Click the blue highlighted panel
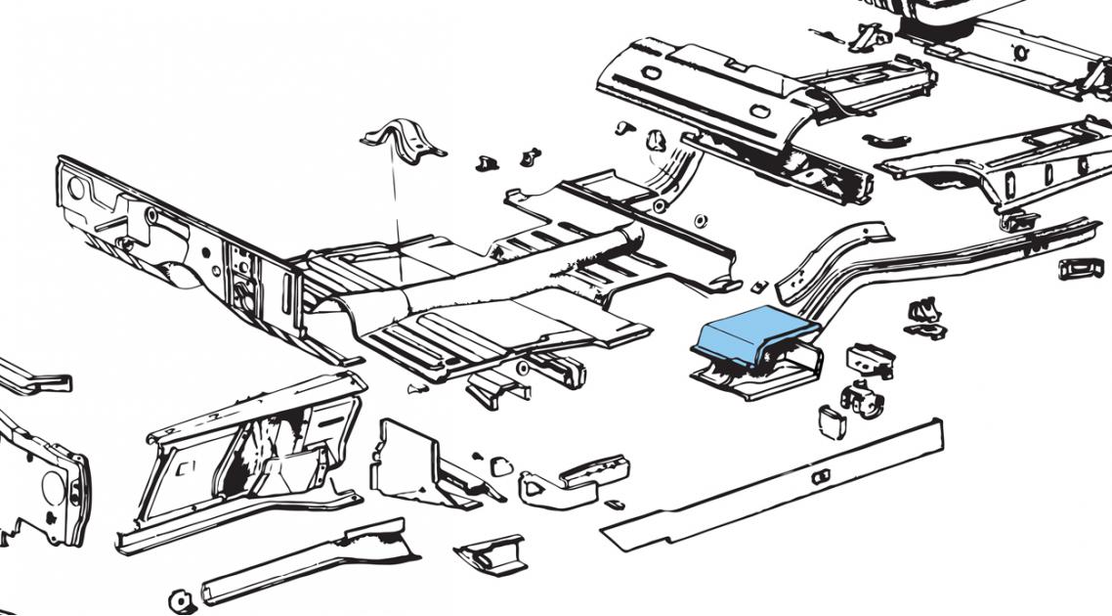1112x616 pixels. [x=748, y=332]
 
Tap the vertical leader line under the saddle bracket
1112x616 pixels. [x=396, y=196]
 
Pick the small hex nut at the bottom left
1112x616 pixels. [x=179, y=599]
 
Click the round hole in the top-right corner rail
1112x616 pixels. [x=1020, y=51]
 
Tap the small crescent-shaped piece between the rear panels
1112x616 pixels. [x=887, y=140]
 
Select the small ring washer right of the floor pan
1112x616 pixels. [x=700, y=219]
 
